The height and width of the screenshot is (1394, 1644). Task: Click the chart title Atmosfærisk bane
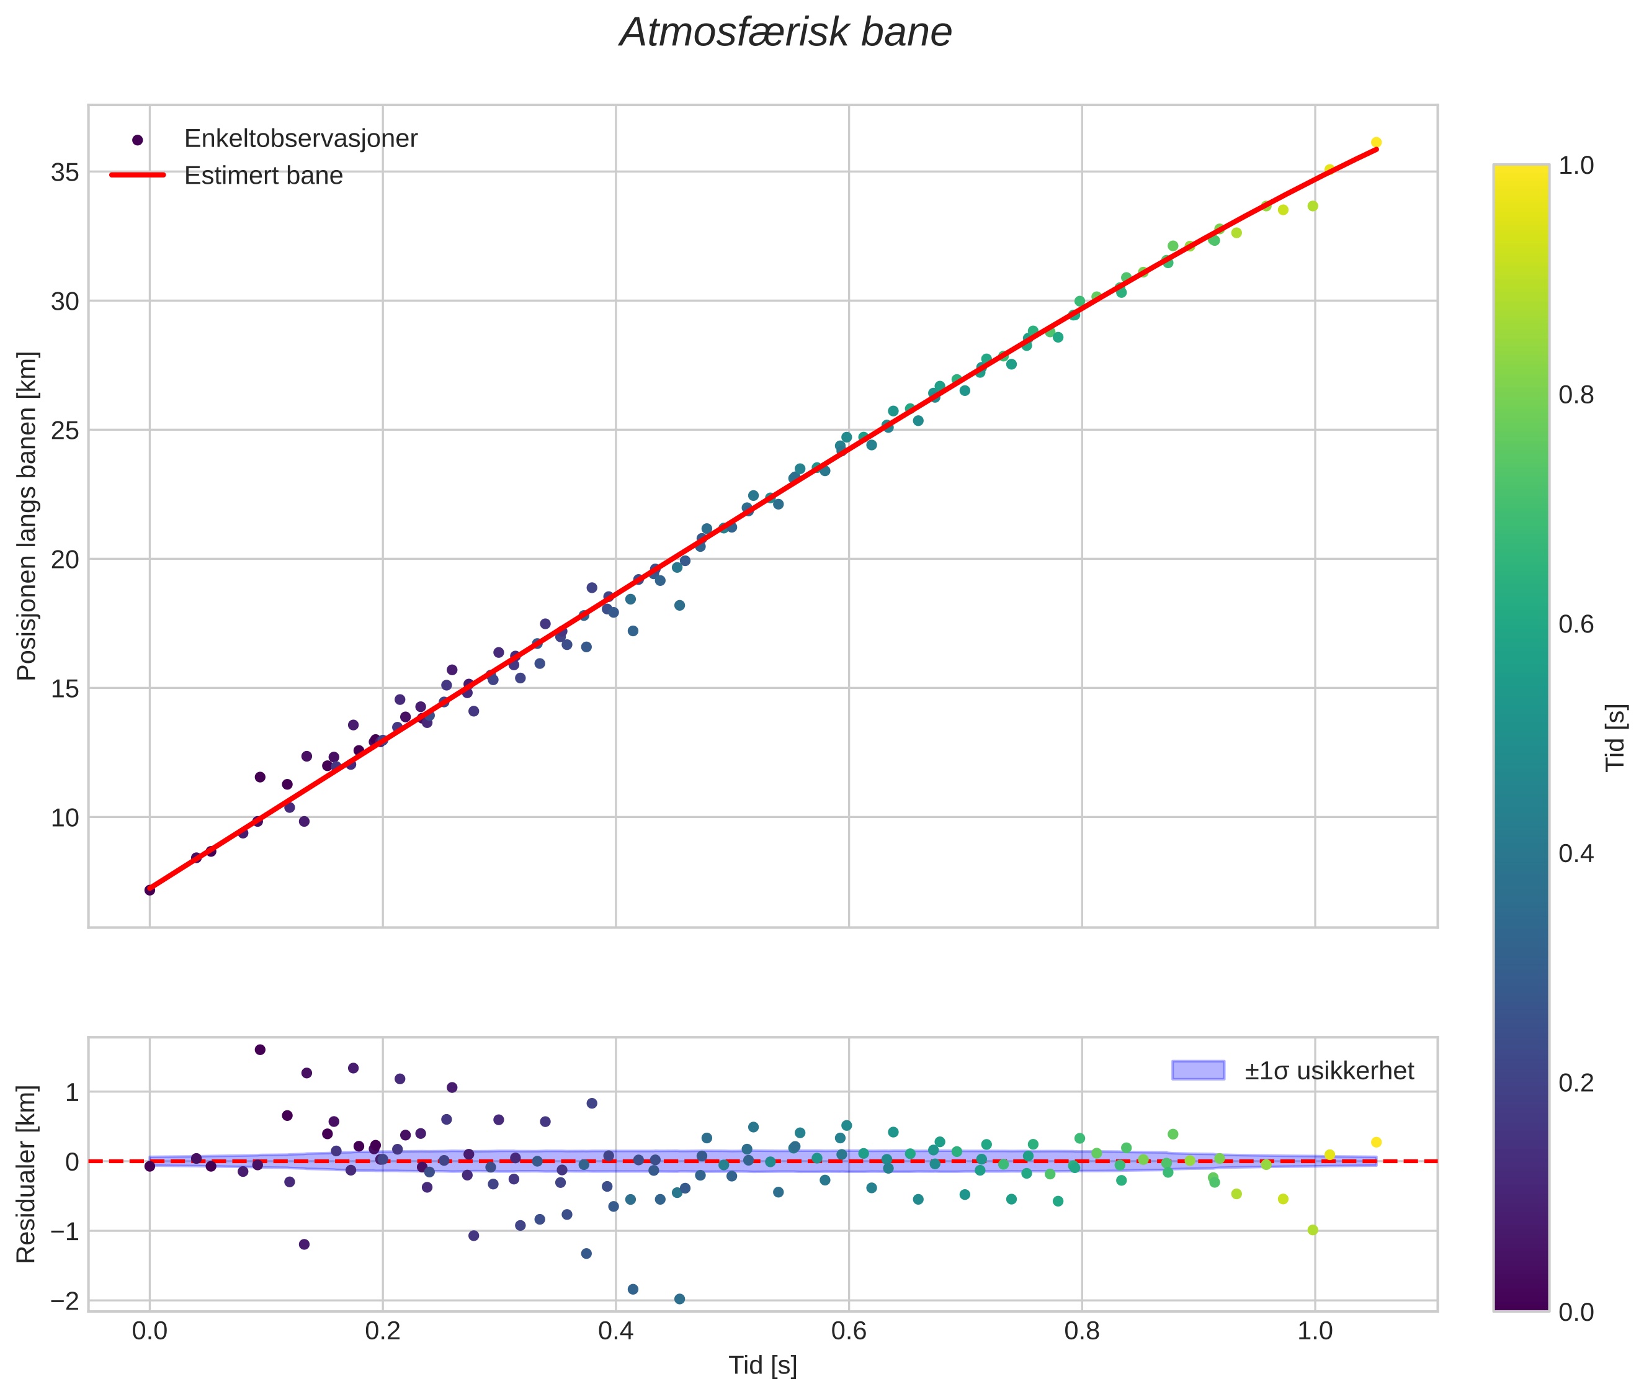(785, 33)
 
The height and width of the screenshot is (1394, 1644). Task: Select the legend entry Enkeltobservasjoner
(300, 139)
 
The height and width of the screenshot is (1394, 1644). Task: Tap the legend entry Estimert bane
(263, 176)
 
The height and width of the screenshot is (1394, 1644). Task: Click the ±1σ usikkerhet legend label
(1329, 1071)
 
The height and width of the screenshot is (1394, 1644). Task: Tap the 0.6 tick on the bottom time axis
(849, 1331)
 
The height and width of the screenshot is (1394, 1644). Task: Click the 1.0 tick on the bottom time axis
(1315, 1331)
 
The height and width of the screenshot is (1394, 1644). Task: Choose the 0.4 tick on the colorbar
(1576, 853)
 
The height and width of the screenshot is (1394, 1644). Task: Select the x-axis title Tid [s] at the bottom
(762, 1365)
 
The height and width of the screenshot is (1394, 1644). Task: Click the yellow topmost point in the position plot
(1376, 142)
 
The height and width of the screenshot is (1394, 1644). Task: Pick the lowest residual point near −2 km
(679, 1299)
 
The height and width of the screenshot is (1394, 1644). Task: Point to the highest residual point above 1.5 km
(260, 1050)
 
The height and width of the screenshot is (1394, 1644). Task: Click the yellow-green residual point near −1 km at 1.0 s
(1313, 1230)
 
